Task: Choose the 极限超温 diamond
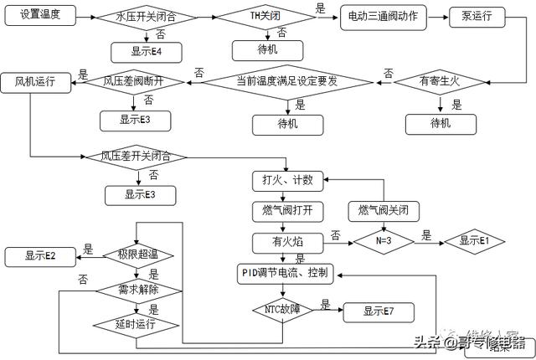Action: (137, 255)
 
